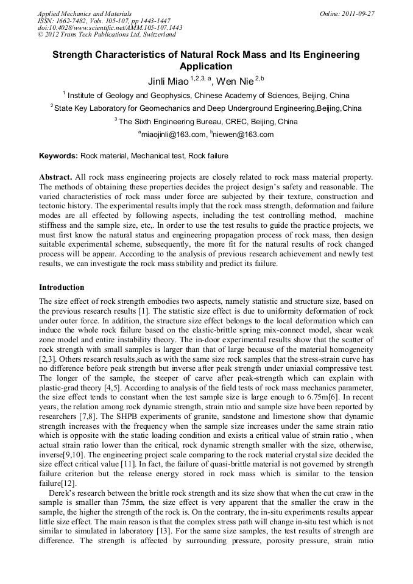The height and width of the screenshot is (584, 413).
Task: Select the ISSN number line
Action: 104,20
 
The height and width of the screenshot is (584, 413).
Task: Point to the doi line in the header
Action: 110,27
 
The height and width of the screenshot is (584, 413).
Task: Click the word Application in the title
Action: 206,66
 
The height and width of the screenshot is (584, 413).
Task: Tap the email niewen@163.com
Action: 244,135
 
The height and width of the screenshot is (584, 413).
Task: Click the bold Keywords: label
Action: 58,156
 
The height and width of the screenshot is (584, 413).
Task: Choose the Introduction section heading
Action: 62,287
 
